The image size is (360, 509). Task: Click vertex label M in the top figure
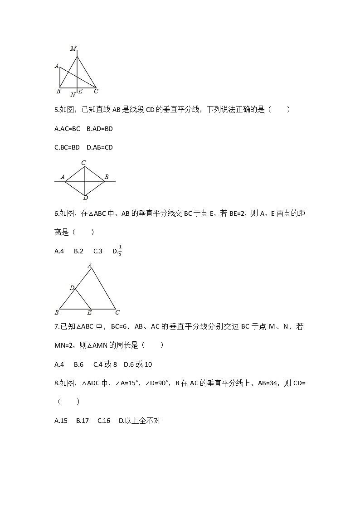click(x=73, y=48)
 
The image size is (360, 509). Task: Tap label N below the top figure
click(x=73, y=95)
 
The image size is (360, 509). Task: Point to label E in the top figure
click(x=80, y=92)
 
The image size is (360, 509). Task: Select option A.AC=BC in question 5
click(x=67, y=129)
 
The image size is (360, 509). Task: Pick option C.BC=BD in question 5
click(x=67, y=147)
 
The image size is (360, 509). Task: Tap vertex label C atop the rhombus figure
click(x=83, y=163)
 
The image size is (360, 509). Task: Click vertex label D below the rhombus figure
click(x=86, y=198)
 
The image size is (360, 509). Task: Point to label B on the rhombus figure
click(x=107, y=177)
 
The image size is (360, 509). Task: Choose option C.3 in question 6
click(x=98, y=251)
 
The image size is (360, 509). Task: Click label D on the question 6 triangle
click(x=72, y=288)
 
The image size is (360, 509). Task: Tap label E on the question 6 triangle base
click(x=89, y=312)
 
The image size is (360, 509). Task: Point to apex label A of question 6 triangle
click(x=90, y=265)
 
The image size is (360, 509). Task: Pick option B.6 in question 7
click(x=78, y=364)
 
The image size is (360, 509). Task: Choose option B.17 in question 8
click(x=83, y=421)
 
